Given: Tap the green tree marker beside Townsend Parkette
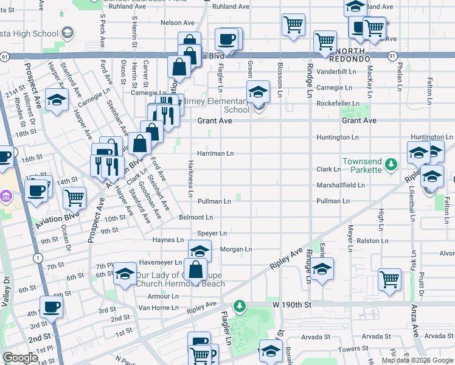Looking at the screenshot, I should point(392,164).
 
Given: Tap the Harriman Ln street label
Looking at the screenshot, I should point(215,153).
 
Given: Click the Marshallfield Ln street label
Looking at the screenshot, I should point(340,185).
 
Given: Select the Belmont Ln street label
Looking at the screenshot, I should point(195,217).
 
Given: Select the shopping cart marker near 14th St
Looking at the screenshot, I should point(74,197).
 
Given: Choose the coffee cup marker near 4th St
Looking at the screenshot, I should point(51,306).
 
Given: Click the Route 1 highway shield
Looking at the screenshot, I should point(38,258).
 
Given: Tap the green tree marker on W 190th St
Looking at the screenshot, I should point(241,305).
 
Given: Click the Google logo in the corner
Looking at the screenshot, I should point(21,357).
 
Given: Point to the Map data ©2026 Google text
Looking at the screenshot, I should point(417,360).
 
